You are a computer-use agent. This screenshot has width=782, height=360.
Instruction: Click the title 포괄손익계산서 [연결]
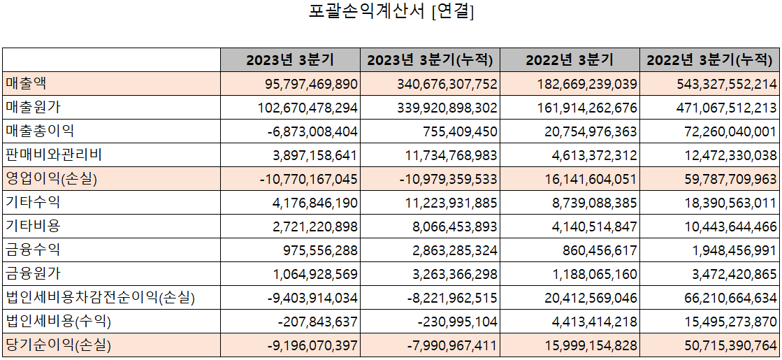pyautogui.click(x=391, y=13)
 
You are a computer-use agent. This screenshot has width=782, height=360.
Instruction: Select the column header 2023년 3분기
pyautogui.click(x=289, y=60)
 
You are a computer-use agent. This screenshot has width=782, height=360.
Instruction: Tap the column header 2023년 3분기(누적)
pyautogui.click(x=430, y=60)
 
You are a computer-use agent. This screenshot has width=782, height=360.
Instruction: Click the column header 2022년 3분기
pyautogui.click(x=570, y=60)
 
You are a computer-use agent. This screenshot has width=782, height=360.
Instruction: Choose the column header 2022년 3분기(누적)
pyautogui.click(x=711, y=60)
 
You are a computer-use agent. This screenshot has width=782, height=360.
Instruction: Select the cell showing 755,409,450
pyautogui.click(x=460, y=131)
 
